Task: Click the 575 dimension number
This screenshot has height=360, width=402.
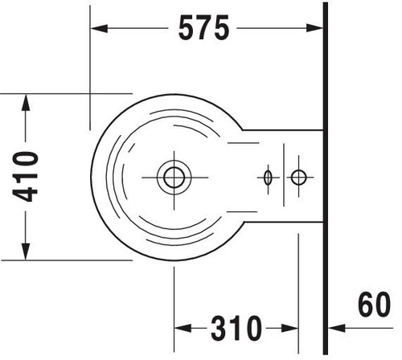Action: (x=203, y=27)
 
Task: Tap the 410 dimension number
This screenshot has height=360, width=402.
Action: (x=26, y=177)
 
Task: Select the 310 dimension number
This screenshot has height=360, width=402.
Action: (x=236, y=328)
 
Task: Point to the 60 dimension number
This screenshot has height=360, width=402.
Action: (x=375, y=304)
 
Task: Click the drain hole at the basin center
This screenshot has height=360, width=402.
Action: (x=174, y=178)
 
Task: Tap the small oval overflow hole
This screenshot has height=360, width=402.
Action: (x=268, y=178)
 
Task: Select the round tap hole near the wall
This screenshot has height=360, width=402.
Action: (x=298, y=177)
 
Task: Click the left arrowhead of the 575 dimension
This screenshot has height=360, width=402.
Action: (x=99, y=28)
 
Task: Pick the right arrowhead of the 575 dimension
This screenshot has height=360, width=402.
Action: (x=314, y=28)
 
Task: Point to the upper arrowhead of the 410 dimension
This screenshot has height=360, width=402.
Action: (x=26, y=103)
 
